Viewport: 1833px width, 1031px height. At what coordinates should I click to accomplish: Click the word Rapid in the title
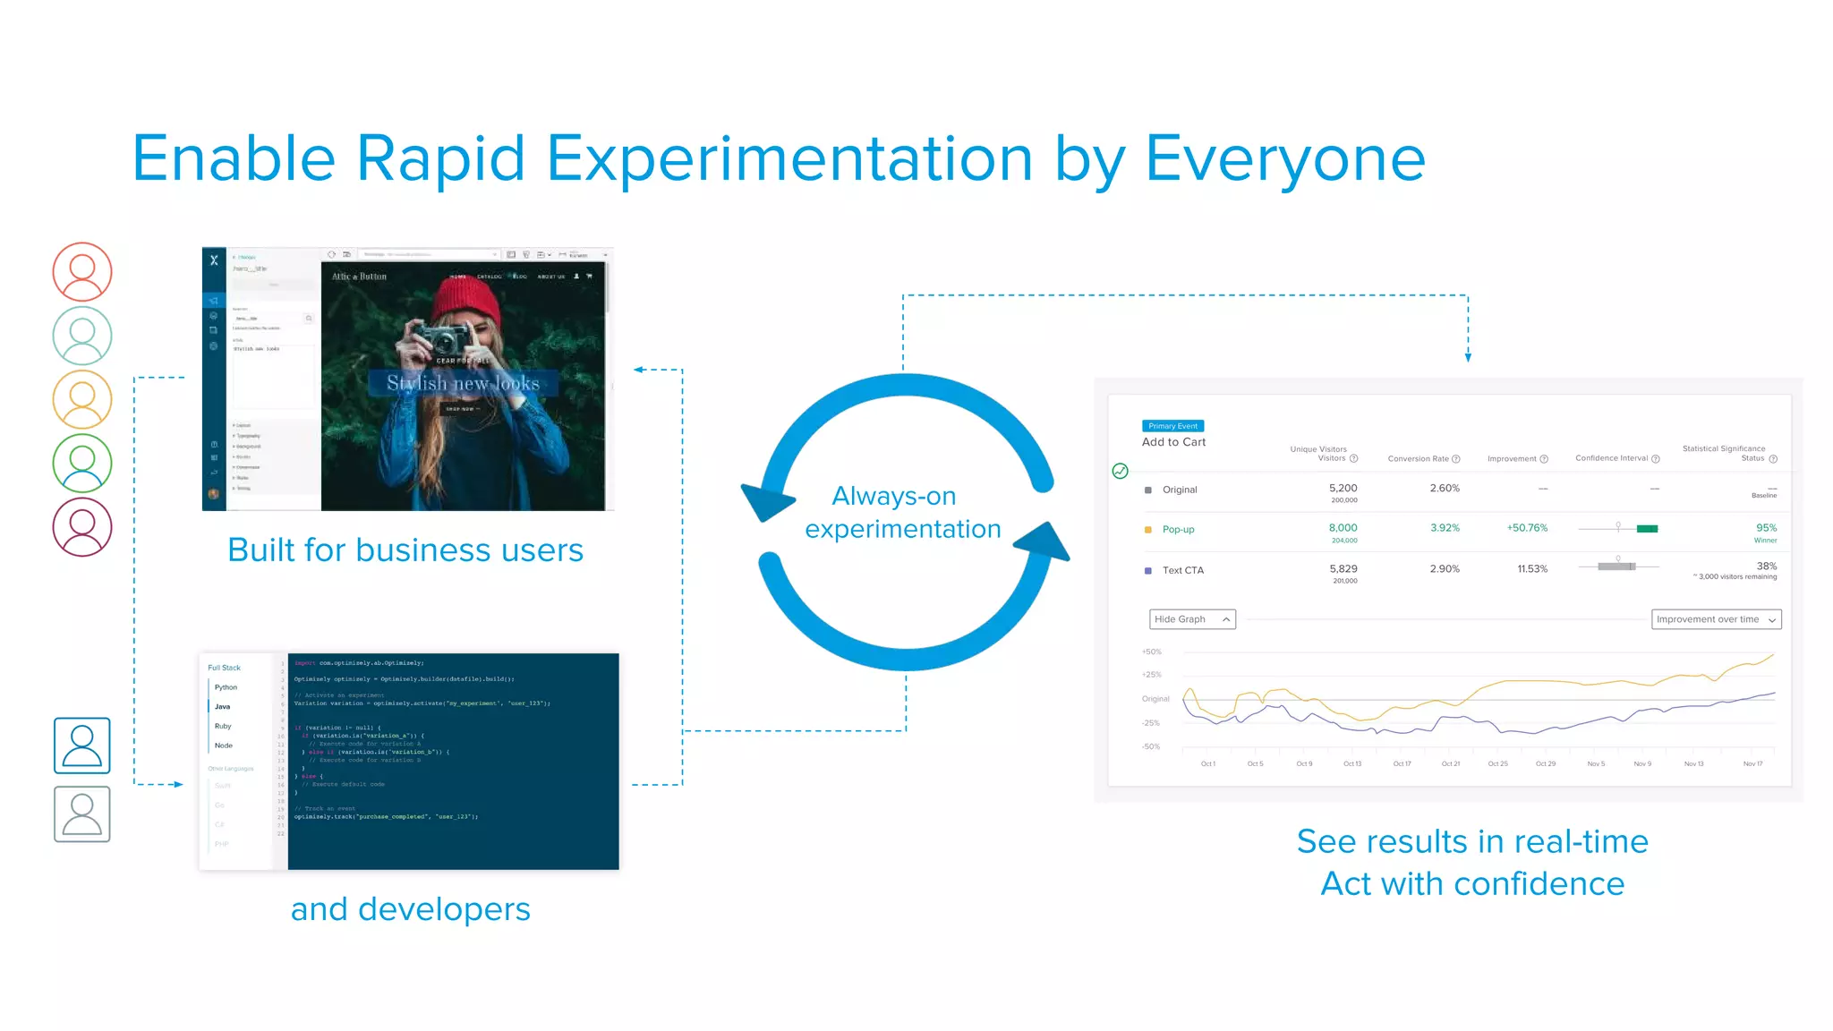pyautogui.click(x=440, y=159)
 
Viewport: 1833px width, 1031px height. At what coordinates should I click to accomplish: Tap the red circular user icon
pyautogui.click(x=82, y=271)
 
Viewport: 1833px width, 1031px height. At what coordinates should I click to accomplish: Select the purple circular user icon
pyautogui.click(x=82, y=527)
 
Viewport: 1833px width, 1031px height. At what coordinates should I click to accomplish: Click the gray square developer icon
pyautogui.click(x=82, y=814)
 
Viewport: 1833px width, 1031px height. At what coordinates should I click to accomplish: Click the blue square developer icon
pyautogui.click(x=82, y=745)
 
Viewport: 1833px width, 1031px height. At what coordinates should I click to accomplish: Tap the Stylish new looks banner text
pyautogui.click(x=463, y=383)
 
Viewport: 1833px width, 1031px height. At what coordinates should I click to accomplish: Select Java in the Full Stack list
pyautogui.click(x=223, y=706)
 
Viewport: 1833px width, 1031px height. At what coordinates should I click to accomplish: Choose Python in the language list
pyautogui.click(x=226, y=687)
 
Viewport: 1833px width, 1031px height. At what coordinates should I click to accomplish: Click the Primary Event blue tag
pyautogui.click(x=1172, y=426)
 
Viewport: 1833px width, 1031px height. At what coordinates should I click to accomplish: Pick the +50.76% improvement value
pyautogui.click(x=1527, y=528)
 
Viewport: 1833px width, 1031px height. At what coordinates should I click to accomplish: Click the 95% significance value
pyautogui.click(x=1766, y=528)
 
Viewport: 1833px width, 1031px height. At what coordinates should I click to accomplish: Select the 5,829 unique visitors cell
pyautogui.click(x=1343, y=568)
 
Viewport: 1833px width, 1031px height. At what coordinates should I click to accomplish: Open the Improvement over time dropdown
pyautogui.click(x=1716, y=619)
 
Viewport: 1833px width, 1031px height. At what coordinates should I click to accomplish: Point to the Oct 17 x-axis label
pyautogui.click(x=1402, y=763)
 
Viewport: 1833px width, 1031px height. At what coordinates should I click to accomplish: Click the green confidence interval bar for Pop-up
pyautogui.click(x=1647, y=529)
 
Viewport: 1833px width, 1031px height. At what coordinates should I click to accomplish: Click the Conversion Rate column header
pyautogui.click(x=1419, y=459)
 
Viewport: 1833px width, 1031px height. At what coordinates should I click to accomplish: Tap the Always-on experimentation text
pyautogui.click(x=901, y=512)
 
